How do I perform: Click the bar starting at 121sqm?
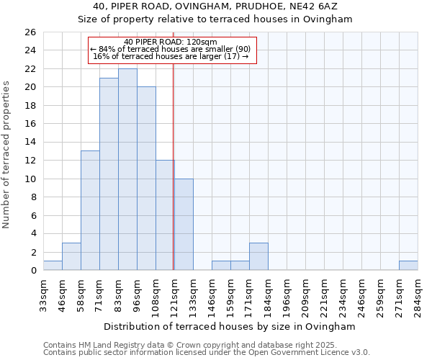pos(184,224)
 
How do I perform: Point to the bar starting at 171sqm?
pos(258,256)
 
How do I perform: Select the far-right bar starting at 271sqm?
pos(408,266)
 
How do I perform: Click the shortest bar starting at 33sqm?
pos(53,266)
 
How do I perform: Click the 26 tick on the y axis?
pos(30,32)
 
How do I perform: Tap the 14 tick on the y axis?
pos(30,142)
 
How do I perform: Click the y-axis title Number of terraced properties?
pos(7,155)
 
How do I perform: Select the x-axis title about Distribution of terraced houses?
pos(230,327)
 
